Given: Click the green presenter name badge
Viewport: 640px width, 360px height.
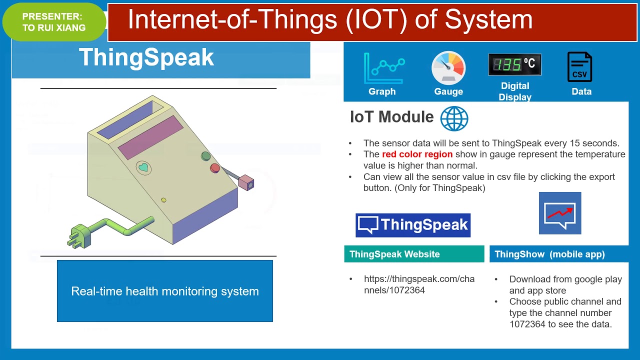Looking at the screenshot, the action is (x=54, y=22).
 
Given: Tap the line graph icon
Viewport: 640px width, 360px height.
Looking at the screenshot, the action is (x=384, y=68).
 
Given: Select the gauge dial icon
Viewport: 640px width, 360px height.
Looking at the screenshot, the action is (x=448, y=68).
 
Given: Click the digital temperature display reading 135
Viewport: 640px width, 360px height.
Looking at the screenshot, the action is (x=515, y=64).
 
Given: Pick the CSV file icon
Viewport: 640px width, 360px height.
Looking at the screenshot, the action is (x=579, y=67).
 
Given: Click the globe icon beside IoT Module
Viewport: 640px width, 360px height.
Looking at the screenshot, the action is (x=454, y=118).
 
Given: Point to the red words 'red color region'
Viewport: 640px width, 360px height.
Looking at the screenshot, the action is (x=417, y=154).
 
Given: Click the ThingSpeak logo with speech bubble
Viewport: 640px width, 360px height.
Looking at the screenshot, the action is (x=413, y=225).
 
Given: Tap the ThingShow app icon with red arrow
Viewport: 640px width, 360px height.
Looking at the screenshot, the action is (x=560, y=213).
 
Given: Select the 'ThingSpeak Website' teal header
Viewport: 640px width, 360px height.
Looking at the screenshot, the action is (x=414, y=254).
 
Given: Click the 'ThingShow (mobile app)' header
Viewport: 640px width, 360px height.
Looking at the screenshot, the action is (x=559, y=254).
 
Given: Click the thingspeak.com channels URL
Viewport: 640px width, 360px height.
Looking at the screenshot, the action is (x=419, y=284).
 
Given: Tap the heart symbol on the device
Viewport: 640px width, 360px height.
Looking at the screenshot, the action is (x=143, y=167).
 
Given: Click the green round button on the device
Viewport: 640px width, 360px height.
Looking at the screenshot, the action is (x=205, y=156).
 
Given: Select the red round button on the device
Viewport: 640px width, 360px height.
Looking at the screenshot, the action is (x=215, y=168).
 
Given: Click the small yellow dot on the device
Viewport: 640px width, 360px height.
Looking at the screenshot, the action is (x=163, y=200).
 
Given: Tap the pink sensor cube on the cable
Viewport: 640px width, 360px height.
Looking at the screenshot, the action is (x=246, y=182).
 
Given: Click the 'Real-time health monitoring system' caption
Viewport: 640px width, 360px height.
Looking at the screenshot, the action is (x=165, y=291).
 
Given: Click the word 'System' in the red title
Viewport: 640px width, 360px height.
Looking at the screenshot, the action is (x=488, y=19).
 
